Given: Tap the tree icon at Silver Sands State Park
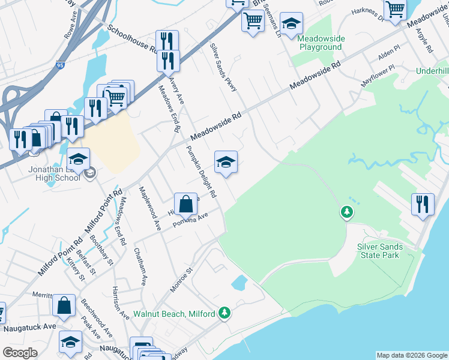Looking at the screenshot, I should [x=346, y=212].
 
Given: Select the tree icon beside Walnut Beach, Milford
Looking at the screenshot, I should [x=224, y=313].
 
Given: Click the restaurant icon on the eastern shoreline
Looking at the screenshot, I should [x=423, y=204].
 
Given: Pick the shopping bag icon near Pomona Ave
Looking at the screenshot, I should [x=186, y=205].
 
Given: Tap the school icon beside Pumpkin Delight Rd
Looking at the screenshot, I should [x=226, y=162].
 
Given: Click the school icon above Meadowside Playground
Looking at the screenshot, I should [x=292, y=23].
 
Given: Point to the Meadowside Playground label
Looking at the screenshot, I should [x=322, y=42].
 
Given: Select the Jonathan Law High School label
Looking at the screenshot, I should [x=54, y=174].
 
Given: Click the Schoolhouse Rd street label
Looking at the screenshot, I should [x=132, y=40].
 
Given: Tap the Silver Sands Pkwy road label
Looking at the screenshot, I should [x=223, y=67].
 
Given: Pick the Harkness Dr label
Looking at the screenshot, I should [x=367, y=13].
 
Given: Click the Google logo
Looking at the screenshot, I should [x=20, y=353].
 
